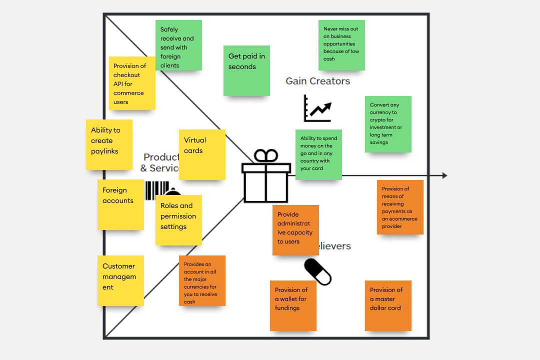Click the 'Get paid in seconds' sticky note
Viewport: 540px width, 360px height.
click(x=246, y=70)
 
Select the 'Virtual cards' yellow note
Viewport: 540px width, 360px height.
click(x=202, y=154)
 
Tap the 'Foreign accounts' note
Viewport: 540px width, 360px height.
click(x=120, y=204)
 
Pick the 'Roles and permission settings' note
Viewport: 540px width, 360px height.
click(x=178, y=220)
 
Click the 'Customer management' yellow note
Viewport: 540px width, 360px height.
click(x=120, y=280)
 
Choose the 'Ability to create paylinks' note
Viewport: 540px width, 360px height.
click(x=109, y=144)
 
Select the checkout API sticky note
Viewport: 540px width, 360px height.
click(x=132, y=83)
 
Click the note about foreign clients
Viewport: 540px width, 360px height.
click(x=178, y=45)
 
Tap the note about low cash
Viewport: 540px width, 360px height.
click(x=341, y=45)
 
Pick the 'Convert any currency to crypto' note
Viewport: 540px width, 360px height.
click(x=388, y=124)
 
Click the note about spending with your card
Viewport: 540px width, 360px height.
click(x=318, y=154)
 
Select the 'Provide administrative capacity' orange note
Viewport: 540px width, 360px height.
click(x=295, y=230)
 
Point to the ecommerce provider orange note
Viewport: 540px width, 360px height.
click(x=400, y=207)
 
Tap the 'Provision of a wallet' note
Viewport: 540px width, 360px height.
click(x=293, y=305)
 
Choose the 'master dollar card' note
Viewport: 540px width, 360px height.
click(x=388, y=305)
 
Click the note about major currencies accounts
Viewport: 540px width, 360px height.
click(x=202, y=280)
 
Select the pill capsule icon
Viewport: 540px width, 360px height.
click(x=318, y=272)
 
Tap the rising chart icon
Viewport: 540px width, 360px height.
click(x=317, y=108)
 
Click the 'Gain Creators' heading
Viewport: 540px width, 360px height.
click(x=318, y=81)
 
